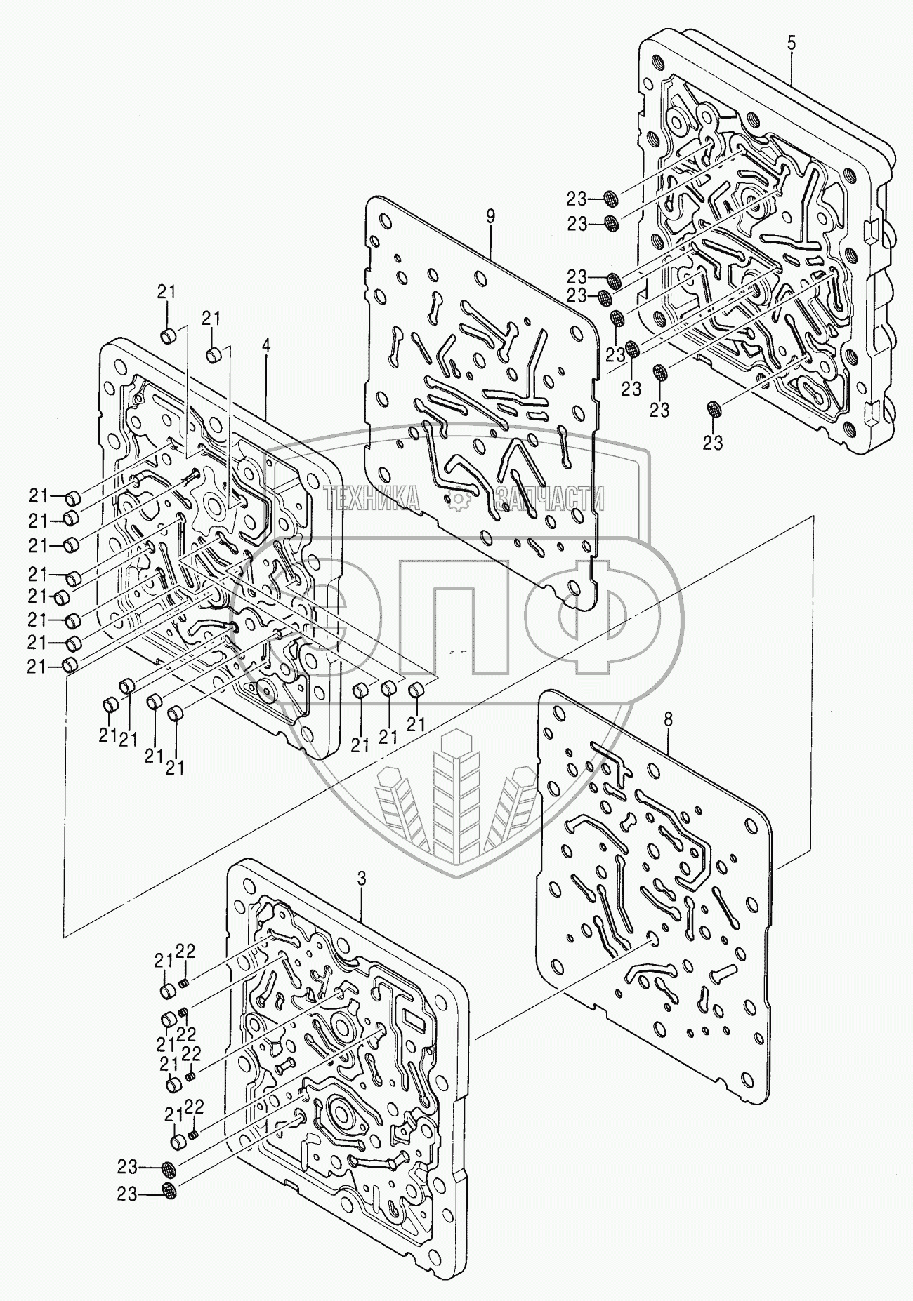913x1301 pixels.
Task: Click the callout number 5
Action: tap(791, 43)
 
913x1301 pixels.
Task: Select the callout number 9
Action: tap(490, 216)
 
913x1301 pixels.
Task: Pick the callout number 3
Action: tap(361, 879)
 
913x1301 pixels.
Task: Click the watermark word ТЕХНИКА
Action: tap(373, 499)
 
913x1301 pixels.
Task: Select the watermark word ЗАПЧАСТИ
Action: tap(549, 499)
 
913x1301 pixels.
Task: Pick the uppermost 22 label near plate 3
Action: tap(185, 951)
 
